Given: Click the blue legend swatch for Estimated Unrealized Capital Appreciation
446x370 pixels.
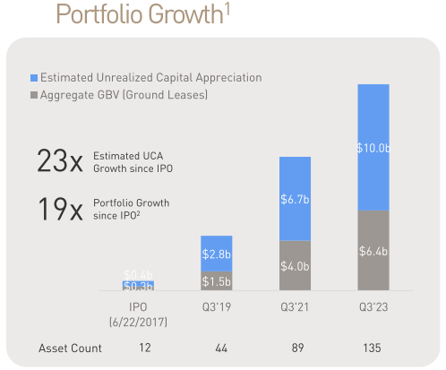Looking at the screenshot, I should pyautogui.click(x=34, y=78).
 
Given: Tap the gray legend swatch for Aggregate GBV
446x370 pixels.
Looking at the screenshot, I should pyautogui.click(x=34, y=94).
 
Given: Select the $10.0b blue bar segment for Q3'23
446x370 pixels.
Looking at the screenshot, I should pyautogui.click(x=373, y=148).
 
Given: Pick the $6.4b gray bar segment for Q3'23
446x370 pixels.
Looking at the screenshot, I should pyautogui.click(x=373, y=251).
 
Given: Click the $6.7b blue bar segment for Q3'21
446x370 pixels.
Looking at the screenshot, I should pyautogui.click(x=295, y=198).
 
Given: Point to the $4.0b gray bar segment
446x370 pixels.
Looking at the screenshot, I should pyautogui.click(x=295, y=266).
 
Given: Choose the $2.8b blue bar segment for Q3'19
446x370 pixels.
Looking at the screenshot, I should pyautogui.click(x=217, y=254).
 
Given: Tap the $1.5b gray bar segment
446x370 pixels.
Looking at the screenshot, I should pyautogui.click(x=217, y=282).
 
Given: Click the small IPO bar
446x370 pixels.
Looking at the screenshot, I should pyautogui.click(x=138, y=285).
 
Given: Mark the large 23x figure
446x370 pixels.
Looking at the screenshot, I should pyautogui.click(x=59, y=161).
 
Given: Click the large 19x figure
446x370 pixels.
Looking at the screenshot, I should pyautogui.click(x=59, y=210).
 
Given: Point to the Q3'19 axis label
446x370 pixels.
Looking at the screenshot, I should pyautogui.click(x=217, y=305).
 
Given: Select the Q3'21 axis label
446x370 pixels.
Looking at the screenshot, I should pyautogui.click(x=295, y=305).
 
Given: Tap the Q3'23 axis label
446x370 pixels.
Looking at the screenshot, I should pyautogui.click(x=373, y=305).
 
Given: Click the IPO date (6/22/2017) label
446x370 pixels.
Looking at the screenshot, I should pyautogui.click(x=138, y=320).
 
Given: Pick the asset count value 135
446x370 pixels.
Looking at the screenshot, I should pyautogui.click(x=373, y=348).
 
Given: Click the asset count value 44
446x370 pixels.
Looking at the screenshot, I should pyautogui.click(x=217, y=348).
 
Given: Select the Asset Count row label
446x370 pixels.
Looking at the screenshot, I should pyautogui.click(x=70, y=348).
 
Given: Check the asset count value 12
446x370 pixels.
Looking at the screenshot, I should pyautogui.click(x=138, y=348).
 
